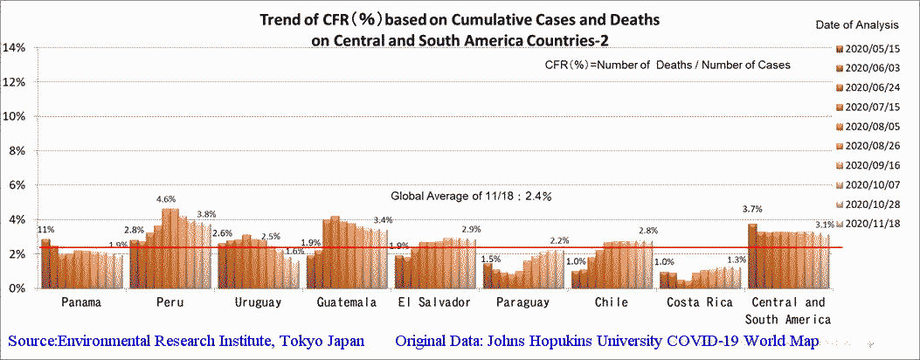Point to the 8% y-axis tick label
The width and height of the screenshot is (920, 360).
(18, 150)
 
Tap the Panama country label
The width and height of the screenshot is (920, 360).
(81, 302)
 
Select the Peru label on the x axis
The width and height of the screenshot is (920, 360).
(169, 302)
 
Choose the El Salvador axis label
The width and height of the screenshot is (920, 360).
(433, 302)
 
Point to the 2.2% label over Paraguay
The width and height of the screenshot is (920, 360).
(558, 240)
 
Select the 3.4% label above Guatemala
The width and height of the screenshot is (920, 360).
(381, 220)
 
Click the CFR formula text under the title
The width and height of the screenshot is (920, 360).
(667, 65)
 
